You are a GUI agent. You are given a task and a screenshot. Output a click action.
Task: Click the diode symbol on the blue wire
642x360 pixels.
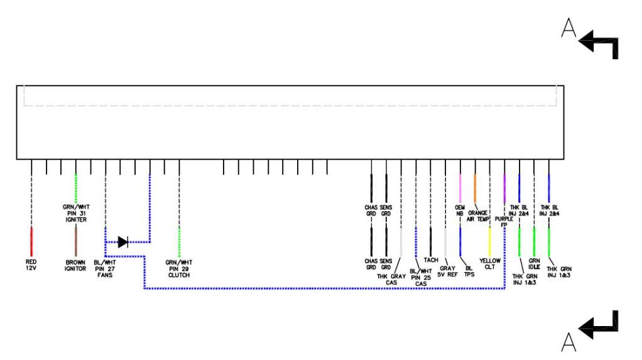point(122,241)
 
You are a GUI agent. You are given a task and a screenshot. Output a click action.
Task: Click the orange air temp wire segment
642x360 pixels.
point(475,187)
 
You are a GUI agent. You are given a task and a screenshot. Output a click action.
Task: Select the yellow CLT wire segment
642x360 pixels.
point(489,242)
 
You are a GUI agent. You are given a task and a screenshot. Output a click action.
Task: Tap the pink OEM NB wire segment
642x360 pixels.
point(460,187)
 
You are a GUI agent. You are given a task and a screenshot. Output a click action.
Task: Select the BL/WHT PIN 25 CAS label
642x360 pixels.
point(418,276)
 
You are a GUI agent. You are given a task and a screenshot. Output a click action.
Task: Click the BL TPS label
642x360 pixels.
point(465,270)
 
